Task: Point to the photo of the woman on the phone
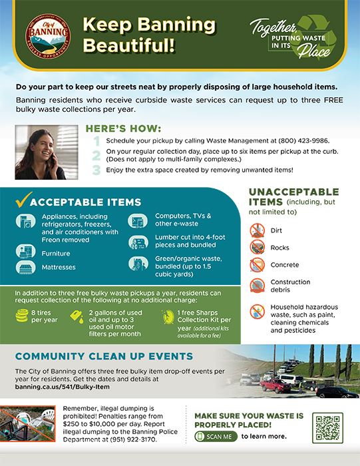coord(46,152)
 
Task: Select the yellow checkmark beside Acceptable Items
coord(22,200)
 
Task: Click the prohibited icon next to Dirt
coord(257,232)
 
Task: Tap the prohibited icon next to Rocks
coord(257,248)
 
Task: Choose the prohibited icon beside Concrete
coord(257,266)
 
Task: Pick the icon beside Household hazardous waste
coord(257,312)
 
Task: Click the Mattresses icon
coord(24,267)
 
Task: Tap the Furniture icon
coord(24,252)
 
